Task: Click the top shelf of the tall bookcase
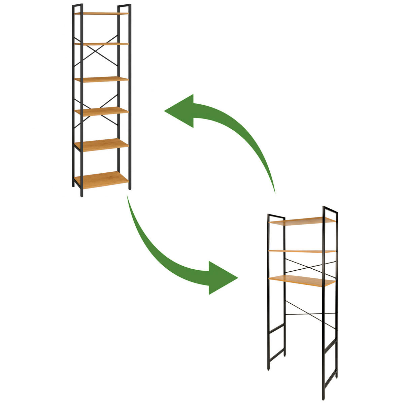101,13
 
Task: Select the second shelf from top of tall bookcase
101,44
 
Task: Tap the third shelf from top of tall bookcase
101,79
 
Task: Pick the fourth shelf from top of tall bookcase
101,111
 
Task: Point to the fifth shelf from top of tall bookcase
101,145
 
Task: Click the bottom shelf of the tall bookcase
101,179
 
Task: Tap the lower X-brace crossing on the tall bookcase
96,111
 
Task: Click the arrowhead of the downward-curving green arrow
222,278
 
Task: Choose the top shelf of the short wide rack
302,221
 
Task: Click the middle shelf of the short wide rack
302,251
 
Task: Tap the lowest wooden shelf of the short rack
302,280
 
